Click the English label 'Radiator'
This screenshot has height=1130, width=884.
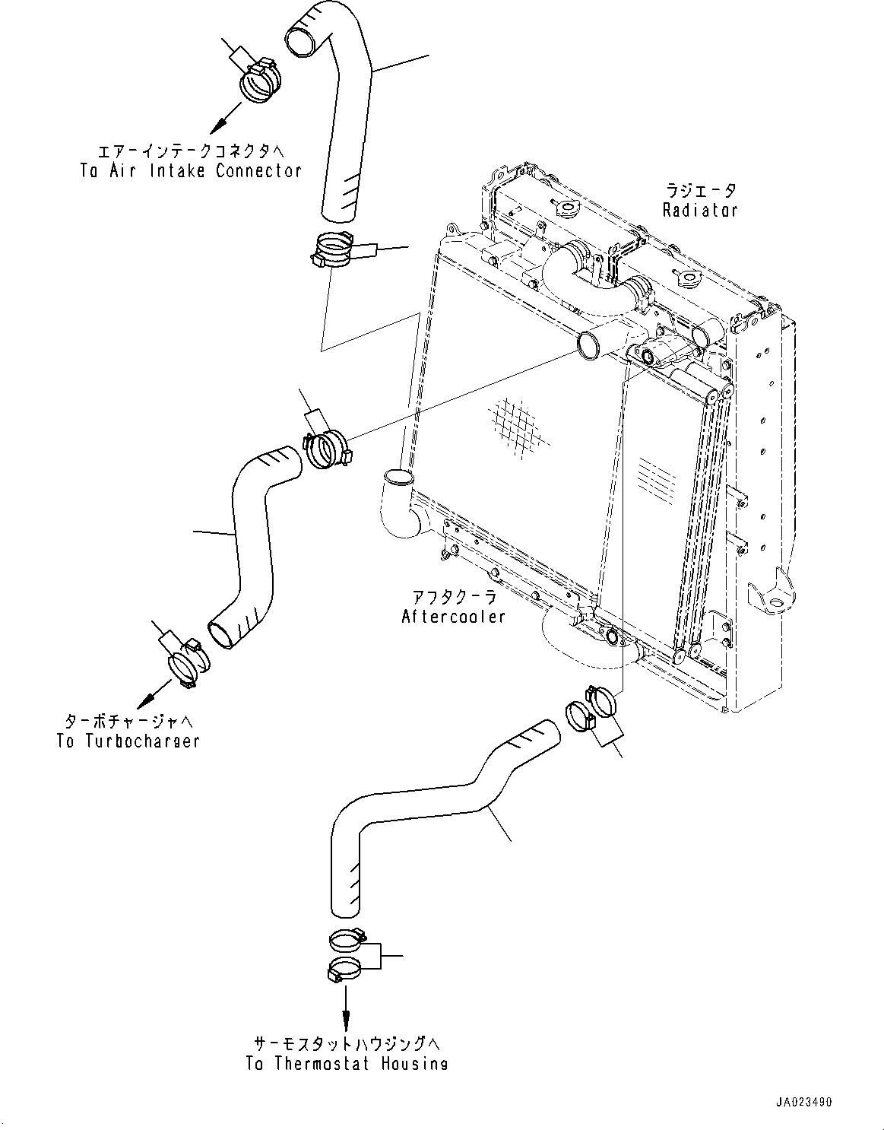coord(700,210)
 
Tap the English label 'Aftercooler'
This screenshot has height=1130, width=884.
coord(453,616)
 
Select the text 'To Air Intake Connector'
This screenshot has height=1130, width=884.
coord(191,170)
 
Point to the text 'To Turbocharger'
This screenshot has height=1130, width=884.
coord(128,741)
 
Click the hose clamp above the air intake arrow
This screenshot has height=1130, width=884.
coord(260,80)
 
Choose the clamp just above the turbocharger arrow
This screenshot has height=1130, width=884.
coord(189,663)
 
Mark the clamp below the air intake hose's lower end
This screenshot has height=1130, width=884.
coord(333,251)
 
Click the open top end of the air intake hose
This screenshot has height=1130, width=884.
coord(303,43)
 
